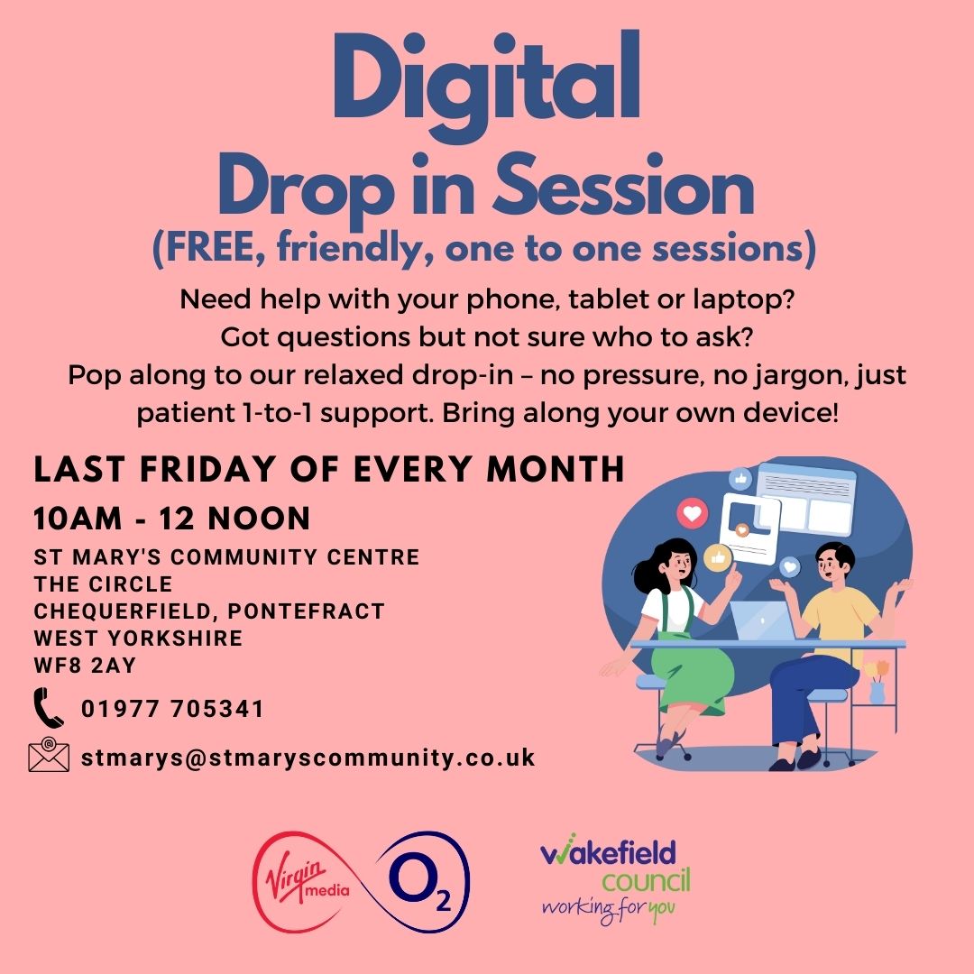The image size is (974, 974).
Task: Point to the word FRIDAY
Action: pos(207,469)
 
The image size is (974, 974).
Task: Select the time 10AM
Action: pos(78,519)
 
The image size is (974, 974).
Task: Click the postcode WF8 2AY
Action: pos(85,666)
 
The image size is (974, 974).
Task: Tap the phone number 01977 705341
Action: pos(172,709)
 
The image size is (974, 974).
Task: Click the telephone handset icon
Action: pos(49,708)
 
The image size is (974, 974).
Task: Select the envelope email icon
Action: pos(49,754)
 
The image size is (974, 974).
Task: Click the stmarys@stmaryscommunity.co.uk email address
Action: pos(308,758)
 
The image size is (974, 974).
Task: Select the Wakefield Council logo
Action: pos(615,879)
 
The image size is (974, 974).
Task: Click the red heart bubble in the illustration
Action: pos(692,514)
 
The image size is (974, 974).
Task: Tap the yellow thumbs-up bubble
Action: pos(718,557)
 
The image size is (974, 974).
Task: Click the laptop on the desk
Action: pos(763,620)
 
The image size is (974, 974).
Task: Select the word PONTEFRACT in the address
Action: pos(307,611)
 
